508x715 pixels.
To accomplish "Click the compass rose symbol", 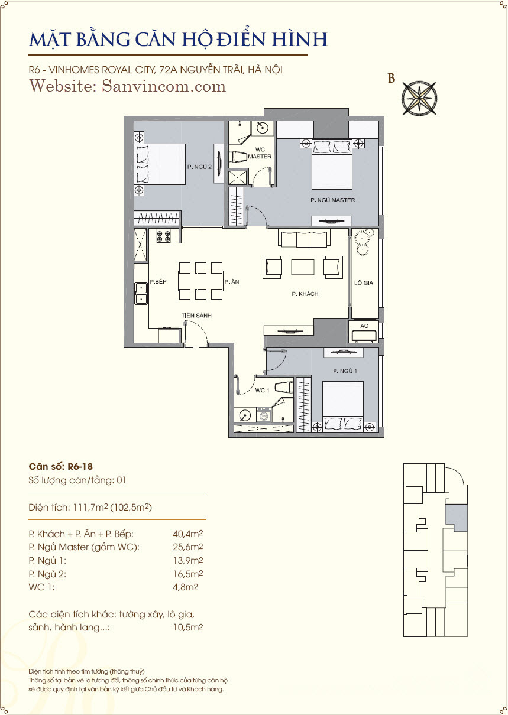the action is (419, 98).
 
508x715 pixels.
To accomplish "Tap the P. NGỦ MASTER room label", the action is (332, 200).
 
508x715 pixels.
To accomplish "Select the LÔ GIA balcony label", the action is (364, 283).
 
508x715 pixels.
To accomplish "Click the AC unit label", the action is (364, 326).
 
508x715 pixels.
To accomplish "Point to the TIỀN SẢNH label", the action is (196, 316).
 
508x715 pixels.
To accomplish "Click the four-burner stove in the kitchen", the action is (164, 236).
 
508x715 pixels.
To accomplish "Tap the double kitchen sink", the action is (141, 293).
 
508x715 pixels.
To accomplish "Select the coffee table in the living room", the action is (303, 267).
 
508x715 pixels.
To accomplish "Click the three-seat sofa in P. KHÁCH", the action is (304, 238).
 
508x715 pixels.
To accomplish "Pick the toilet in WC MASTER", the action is (238, 157).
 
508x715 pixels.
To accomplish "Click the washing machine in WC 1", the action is (264, 415).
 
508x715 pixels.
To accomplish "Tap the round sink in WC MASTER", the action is (264, 128).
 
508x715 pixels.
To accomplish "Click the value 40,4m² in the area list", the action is (188, 534).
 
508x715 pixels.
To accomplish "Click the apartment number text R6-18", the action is (80, 467).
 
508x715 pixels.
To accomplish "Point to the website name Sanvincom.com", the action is (164, 86).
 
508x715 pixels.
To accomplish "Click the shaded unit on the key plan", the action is (457, 518).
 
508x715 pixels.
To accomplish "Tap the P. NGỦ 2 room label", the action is (199, 167).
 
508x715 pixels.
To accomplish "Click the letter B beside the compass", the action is (391, 79).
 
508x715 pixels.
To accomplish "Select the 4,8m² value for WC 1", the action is (185, 587).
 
